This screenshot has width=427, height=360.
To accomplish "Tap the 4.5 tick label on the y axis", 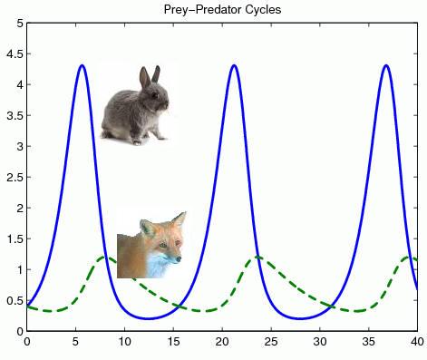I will pyautogui.click(x=13, y=54).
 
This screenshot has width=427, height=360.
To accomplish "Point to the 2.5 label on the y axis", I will pyautogui.click(x=13, y=178).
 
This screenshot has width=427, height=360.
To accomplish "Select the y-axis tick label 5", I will pyautogui.click(x=18, y=24).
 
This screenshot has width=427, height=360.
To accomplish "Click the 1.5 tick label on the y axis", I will pyautogui.click(x=13, y=239).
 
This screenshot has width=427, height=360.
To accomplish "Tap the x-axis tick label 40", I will pyautogui.click(x=416, y=343).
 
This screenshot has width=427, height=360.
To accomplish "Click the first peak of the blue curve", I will pyautogui.click(x=82, y=65).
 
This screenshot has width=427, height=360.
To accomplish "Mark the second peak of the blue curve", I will pyautogui.click(x=234, y=65).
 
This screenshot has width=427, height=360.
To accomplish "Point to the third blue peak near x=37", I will pyautogui.click(x=386, y=65).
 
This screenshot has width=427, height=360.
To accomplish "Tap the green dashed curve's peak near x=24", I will pyautogui.click(x=258, y=258).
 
